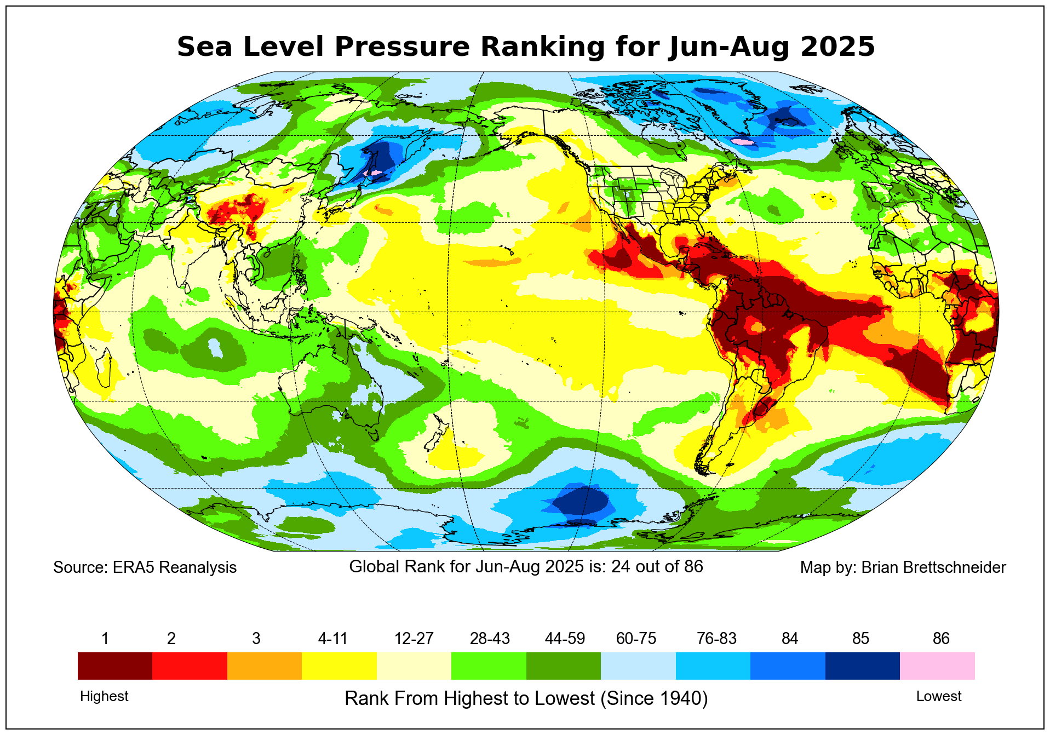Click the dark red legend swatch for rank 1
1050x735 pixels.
(x=115, y=665)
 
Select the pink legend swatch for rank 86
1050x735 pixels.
(x=937, y=665)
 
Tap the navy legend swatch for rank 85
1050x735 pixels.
(x=862, y=665)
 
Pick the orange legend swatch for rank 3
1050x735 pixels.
(x=265, y=665)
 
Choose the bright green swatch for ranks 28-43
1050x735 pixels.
(x=489, y=665)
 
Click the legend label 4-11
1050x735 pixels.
(x=333, y=639)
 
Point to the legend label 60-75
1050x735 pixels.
(x=636, y=639)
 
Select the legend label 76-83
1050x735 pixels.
(x=716, y=639)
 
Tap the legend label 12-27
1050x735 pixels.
(x=414, y=639)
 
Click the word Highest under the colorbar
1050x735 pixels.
(x=104, y=696)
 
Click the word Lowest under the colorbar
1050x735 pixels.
(x=939, y=696)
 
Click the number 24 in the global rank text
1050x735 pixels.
(x=621, y=566)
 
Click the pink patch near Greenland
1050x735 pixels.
(x=743, y=142)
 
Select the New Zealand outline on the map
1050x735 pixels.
(x=438, y=435)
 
